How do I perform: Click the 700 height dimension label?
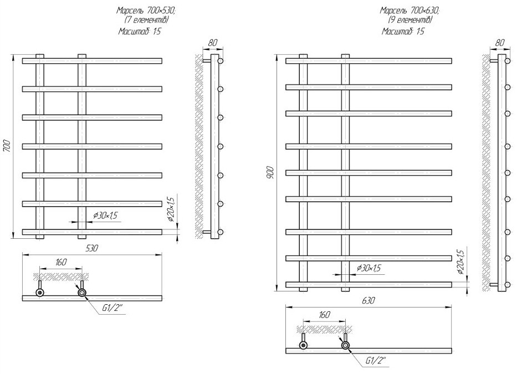[7, 147]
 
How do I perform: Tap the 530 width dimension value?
[92, 249]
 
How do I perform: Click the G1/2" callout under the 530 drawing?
[111, 309]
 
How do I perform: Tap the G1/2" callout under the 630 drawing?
[375, 361]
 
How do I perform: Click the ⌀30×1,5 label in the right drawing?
[369, 268]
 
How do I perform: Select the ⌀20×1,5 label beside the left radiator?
[171, 208]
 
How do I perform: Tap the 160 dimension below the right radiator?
[324, 315]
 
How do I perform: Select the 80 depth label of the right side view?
[500, 42]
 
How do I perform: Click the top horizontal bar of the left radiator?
[92, 60]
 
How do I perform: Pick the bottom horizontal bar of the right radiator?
[368, 285]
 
